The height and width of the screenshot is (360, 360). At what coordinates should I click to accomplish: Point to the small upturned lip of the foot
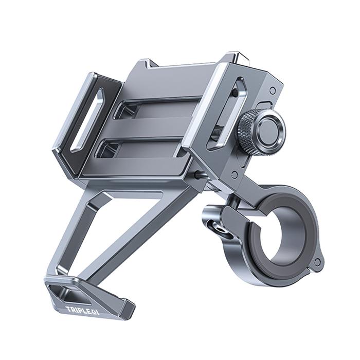click(125, 309)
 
